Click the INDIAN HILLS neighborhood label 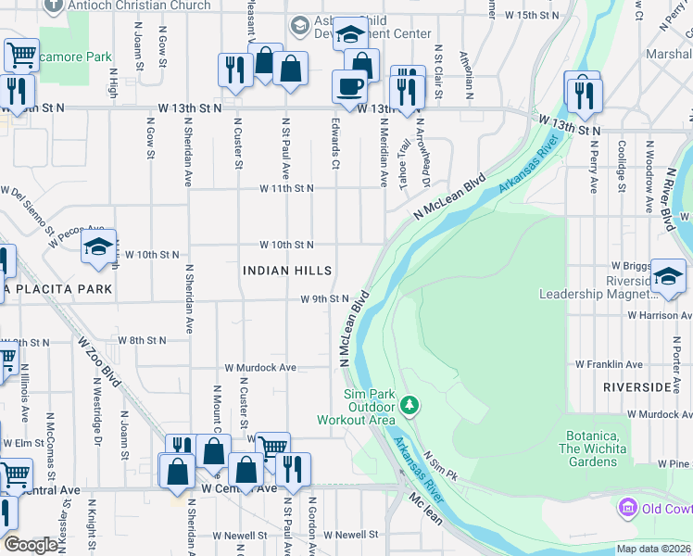[286, 271]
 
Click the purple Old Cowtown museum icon [628, 508]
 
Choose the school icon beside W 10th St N [98, 246]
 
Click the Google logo [30, 545]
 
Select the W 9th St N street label [324, 299]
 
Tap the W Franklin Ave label [609, 365]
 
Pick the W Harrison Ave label [659, 315]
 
